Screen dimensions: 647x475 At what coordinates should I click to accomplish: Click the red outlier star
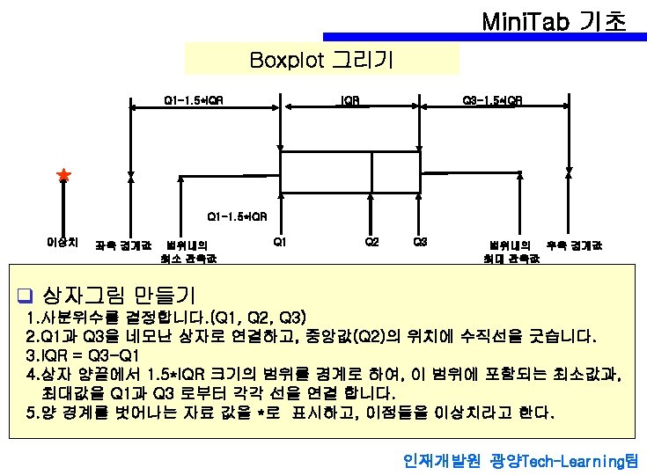[63, 176]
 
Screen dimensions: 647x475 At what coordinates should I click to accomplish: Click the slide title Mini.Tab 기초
[554, 18]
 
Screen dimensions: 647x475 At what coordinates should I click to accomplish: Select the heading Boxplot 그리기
[321, 60]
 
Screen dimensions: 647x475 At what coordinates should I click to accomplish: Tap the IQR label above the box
[349, 99]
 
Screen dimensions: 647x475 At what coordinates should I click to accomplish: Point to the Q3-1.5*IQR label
[492, 99]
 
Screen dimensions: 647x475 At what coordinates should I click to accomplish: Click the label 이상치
[62, 241]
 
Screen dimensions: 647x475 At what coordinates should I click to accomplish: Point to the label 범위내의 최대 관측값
[511, 252]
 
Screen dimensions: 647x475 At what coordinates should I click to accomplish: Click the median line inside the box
[371, 171]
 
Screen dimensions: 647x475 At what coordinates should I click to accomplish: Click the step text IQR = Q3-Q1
[85, 355]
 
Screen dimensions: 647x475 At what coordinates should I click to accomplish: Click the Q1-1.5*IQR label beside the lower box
[237, 216]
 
